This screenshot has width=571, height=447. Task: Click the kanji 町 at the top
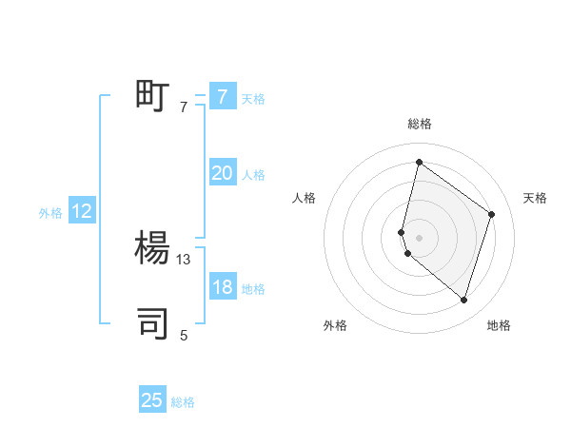click(x=152, y=96)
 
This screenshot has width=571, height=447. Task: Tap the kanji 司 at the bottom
click(x=152, y=323)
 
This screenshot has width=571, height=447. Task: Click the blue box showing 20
click(x=222, y=173)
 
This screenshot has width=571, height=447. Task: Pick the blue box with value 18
click(x=222, y=287)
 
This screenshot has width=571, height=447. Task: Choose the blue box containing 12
click(x=81, y=211)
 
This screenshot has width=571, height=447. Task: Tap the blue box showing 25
click(x=152, y=400)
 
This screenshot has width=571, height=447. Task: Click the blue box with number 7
click(x=222, y=96)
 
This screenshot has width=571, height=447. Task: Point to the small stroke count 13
click(x=184, y=259)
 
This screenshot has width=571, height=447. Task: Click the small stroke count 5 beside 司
click(x=184, y=335)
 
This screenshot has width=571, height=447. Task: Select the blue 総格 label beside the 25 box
click(x=183, y=402)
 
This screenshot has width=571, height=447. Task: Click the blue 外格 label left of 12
click(x=50, y=213)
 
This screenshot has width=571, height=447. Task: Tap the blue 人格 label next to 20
click(x=253, y=175)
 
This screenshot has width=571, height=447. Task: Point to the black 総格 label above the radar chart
click(x=420, y=124)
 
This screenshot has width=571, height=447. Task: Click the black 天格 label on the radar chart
click(x=536, y=198)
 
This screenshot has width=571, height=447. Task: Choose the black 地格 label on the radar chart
click(x=499, y=325)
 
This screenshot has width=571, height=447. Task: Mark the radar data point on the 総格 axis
click(x=419, y=162)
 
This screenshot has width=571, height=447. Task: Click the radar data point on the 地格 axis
click(x=463, y=301)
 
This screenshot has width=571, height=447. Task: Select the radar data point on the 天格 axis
click(x=492, y=214)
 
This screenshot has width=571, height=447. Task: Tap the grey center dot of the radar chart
click(x=419, y=237)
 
